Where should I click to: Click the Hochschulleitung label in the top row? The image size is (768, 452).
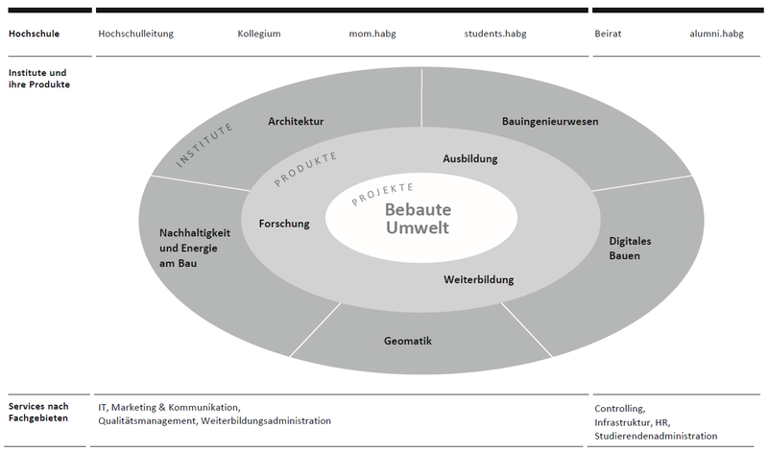[135, 34]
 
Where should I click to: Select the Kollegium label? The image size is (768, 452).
[259, 34]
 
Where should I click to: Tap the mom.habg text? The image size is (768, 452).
[372, 34]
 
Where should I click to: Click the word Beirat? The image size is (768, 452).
[608, 34]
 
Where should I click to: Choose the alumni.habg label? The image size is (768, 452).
[716, 34]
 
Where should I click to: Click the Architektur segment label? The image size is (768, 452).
[296, 122]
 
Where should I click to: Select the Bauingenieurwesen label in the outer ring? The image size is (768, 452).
[550, 122]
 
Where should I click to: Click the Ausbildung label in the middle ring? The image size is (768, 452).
[471, 158]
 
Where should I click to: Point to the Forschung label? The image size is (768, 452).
[284, 224]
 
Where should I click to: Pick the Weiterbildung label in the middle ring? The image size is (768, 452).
[479, 280]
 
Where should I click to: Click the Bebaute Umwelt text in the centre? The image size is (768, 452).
[418, 219]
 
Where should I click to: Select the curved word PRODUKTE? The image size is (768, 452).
[306, 169]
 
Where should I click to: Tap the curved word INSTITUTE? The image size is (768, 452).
[205, 147]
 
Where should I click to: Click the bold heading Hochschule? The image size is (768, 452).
[34, 34]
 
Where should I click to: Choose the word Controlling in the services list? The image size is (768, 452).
[619, 408]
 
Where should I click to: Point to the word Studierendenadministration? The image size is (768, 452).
[656, 437]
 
